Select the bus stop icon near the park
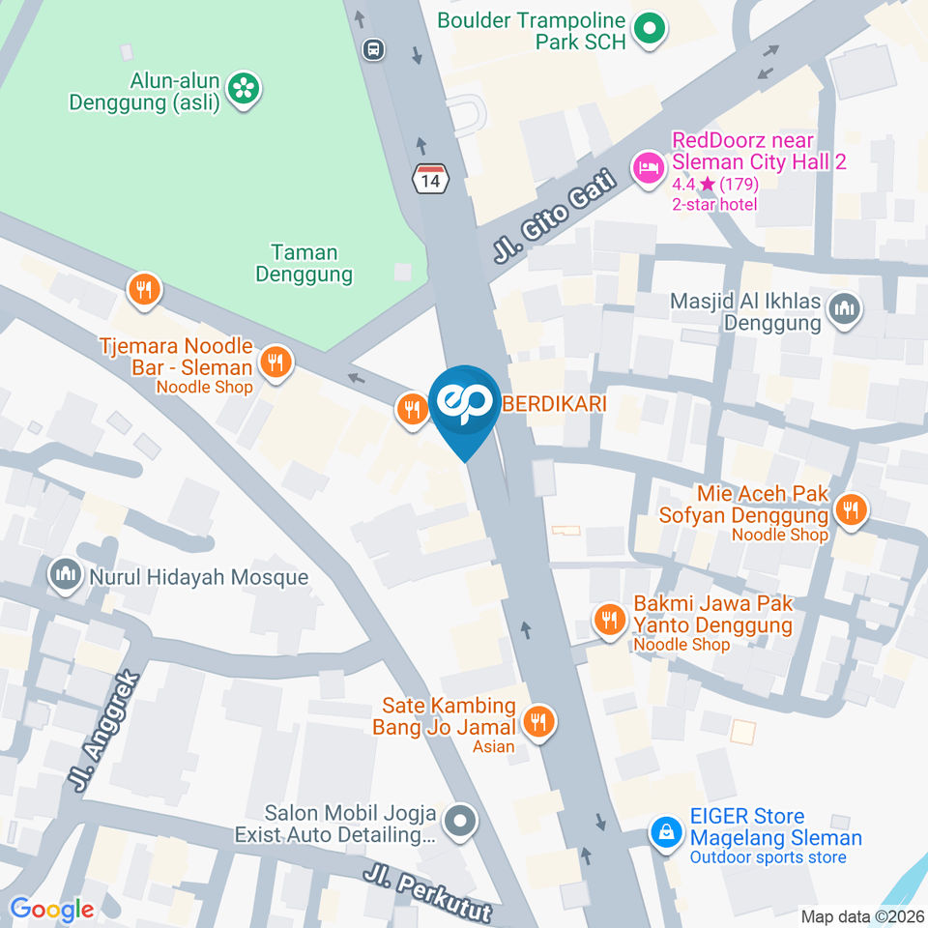373,48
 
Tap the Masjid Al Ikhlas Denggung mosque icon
846,310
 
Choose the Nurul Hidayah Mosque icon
66,577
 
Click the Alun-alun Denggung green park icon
242,89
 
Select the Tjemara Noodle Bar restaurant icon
276,362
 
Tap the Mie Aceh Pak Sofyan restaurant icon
851,509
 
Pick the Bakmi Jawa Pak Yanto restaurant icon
609,619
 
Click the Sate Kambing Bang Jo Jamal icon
537,721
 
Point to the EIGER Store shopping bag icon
666,830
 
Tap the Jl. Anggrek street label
105,731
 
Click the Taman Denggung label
304,264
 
